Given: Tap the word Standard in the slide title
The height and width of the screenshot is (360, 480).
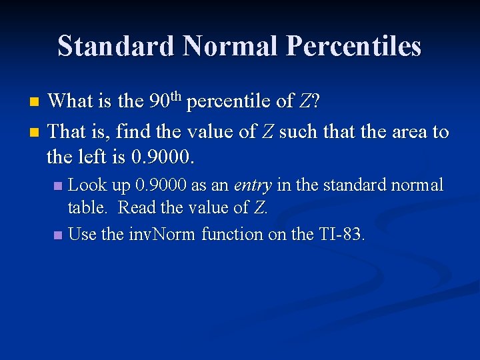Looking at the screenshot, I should click(x=116, y=47).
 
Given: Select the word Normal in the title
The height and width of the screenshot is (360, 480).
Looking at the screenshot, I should click(x=230, y=47).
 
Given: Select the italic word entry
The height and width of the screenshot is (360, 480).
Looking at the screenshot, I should click(x=251, y=185).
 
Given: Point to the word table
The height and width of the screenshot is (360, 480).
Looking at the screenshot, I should click(x=87, y=207).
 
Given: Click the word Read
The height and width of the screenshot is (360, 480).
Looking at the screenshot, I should click(x=137, y=207).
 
